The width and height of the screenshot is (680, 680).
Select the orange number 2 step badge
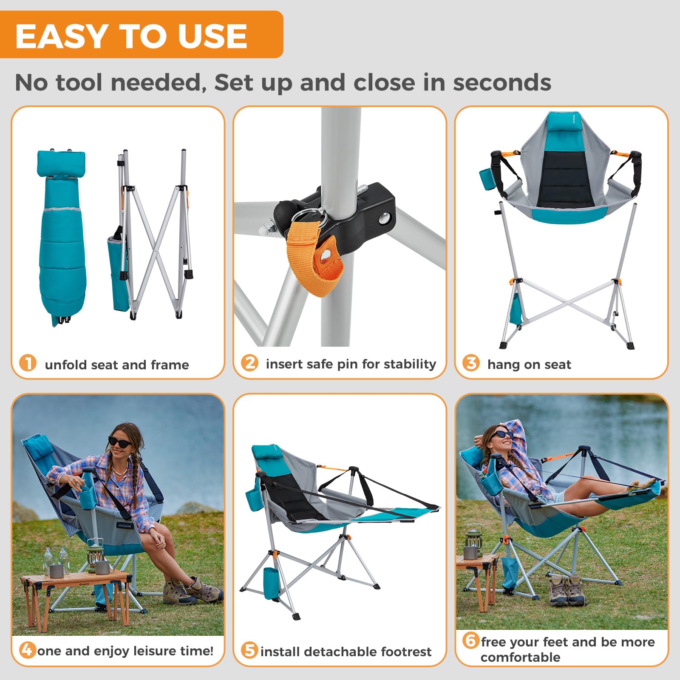pos(249,363)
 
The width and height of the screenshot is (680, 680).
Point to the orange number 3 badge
pos(471,363)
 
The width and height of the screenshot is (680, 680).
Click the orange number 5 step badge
pos(249,650)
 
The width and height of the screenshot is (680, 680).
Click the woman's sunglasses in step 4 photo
pos(120,442)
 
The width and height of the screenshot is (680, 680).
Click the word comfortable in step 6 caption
pos(520,657)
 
